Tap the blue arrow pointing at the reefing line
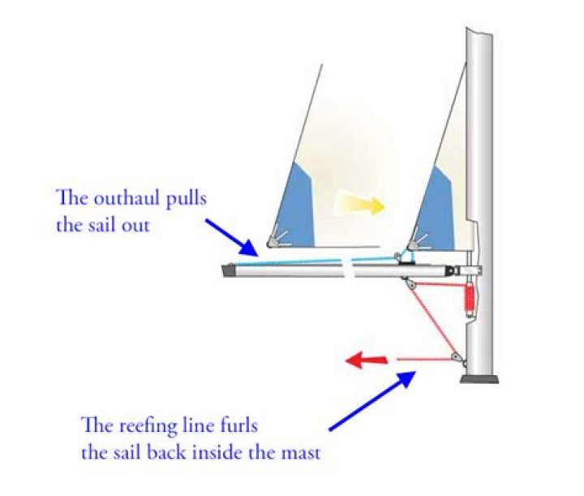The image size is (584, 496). click(373, 400)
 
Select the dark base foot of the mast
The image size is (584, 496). click(479, 378)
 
